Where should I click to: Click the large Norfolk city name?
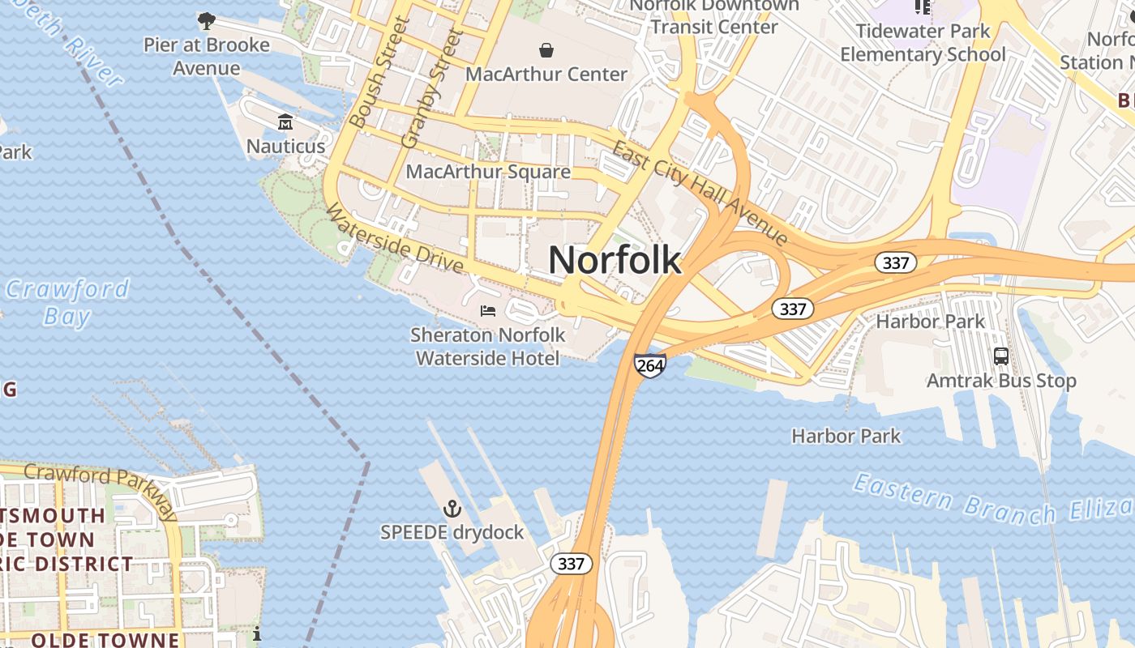point(615,260)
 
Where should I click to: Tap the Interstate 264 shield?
point(650,365)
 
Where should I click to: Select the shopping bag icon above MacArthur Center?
point(546,50)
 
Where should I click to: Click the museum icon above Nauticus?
point(285,122)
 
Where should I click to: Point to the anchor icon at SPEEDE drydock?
point(452,509)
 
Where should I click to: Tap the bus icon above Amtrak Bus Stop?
point(1001,356)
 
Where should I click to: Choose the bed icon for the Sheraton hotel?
point(488,310)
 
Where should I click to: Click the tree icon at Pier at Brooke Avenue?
point(207,20)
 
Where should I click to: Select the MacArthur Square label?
point(488,172)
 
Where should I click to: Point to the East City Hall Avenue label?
point(699,193)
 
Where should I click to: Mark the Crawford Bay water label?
point(66,302)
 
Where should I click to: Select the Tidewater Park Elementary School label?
point(923,43)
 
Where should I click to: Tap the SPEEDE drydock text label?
point(452,533)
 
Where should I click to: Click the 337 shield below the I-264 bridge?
point(571,564)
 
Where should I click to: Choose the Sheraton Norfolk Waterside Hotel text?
point(488,346)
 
